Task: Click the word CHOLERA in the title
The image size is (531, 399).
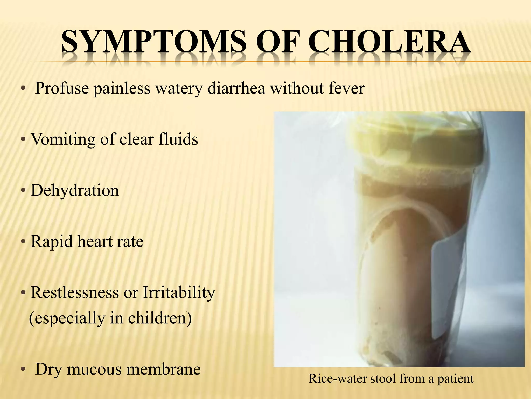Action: (x=389, y=42)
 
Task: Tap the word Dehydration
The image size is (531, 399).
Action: (x=75, y=190)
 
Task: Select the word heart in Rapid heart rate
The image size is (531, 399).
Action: (x=95, y=242)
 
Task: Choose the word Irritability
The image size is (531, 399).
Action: (x=179, y=293)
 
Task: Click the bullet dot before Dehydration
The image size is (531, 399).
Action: (x=23, y=191)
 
